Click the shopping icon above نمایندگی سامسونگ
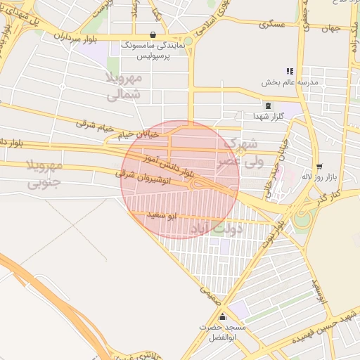click(153, 35)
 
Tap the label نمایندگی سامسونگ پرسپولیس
click(154, 49)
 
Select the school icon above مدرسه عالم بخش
click(289, 71)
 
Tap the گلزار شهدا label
click(269, 116)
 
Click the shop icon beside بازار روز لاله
click(320, 167)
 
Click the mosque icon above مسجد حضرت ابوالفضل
click(223, 317)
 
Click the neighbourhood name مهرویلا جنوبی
click(45, 174)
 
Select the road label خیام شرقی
click(95, 125)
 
